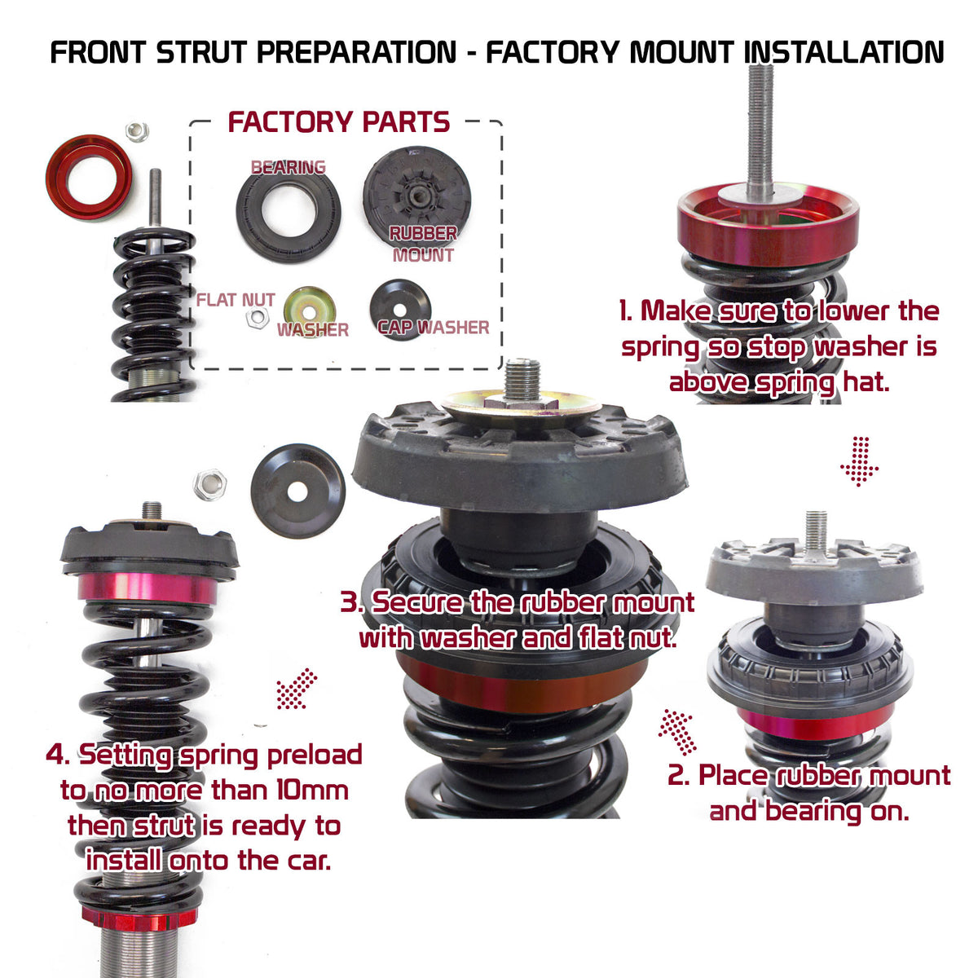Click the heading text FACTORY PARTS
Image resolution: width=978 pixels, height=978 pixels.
(338, 122)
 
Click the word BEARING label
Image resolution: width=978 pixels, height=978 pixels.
(288, 167)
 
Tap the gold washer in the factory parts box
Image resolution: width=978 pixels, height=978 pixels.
(311, 310)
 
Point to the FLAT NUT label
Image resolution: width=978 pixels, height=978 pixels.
(235, 300)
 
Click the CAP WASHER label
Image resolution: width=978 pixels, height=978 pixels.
(434, 328)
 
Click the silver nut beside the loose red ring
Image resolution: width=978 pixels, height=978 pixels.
(137, 130)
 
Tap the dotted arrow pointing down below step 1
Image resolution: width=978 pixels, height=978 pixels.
(859, 461)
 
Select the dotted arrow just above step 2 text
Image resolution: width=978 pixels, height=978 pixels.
(676, 730)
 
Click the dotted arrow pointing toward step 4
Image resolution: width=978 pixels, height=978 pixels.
(297, 689)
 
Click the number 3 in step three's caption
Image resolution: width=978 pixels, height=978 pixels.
(350, 604)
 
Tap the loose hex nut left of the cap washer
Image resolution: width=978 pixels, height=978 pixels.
(209, 485)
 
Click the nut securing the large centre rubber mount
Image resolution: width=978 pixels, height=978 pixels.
(522, 400)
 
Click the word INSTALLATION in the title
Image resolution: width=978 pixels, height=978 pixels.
(844, 52)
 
